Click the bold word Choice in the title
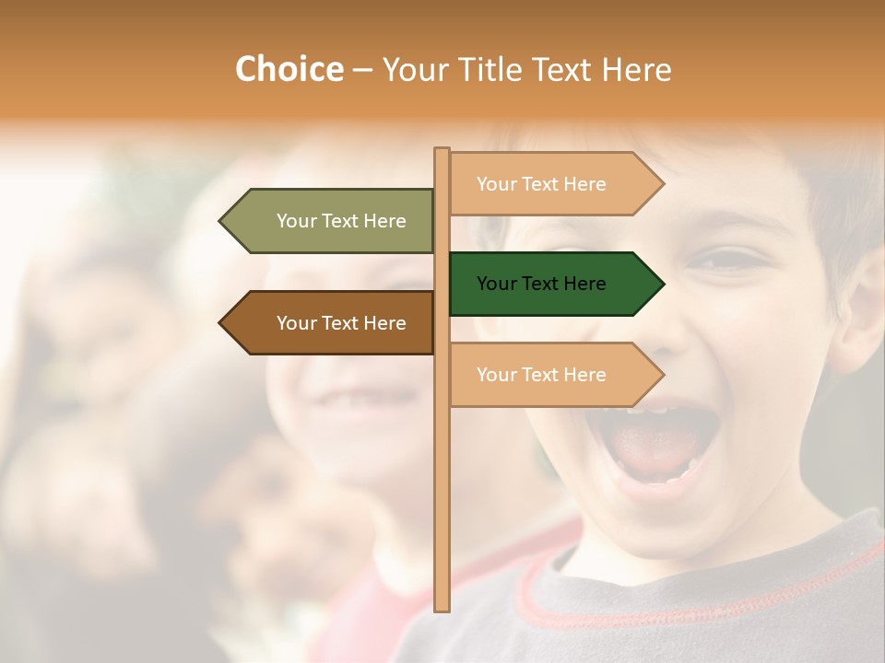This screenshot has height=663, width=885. click(x=289, y=69)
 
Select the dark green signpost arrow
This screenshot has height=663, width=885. click(x=553, y=284)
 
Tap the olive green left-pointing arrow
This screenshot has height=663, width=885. click(x=332, y=221)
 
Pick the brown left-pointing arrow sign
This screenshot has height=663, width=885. click(x=332, y=323)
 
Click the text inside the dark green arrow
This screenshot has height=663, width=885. click(x=541, y=284)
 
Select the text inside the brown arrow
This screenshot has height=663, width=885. click(x=341, y=323)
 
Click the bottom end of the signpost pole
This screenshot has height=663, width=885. click(x=442, y=607)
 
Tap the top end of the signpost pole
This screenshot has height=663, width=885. click(x=442, y=151)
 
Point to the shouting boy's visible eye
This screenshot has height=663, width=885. click(x=728, y=261)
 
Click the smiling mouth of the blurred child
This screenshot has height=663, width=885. click(x=369, y=401)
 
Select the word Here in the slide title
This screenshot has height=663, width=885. click(x=637, y=70)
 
